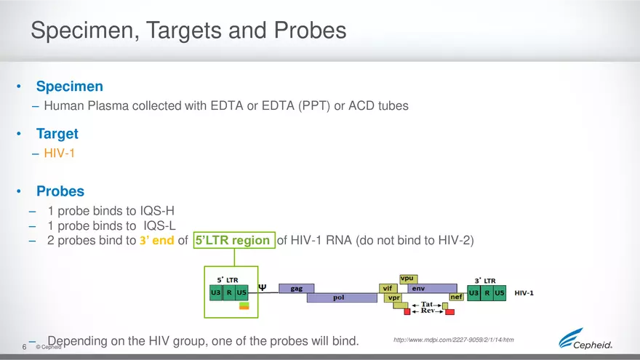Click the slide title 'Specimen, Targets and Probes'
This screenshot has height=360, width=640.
click(x=188, y=31)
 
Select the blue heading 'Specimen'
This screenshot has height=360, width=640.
click(x=70, y=87)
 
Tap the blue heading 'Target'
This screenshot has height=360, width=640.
click(x=57, y=134)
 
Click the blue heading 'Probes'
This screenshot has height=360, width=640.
click(x=60, y=192)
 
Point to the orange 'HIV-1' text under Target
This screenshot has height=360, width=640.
click(x=59, y=153)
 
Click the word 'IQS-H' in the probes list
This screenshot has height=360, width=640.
click(x=158, y=212)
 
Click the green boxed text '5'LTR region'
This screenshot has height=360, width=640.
click(x=233, y=240)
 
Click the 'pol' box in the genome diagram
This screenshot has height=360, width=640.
click(x=338, y=297)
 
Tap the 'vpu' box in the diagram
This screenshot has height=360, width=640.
click(x=408, y=279)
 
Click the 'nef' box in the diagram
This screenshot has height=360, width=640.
click(x=457, y=297)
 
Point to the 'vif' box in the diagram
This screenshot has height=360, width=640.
click(x=388, y=288)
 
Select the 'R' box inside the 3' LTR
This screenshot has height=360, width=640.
click(x=487, y=292)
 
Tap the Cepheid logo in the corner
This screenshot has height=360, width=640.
click(x=585, y=340)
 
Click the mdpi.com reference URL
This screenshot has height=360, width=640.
click(x=453, y=340)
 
